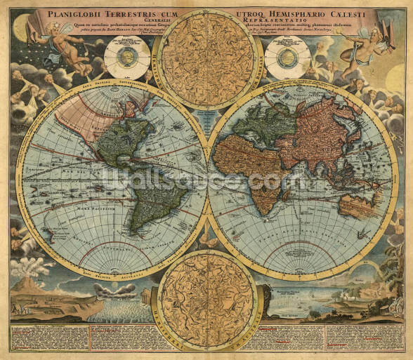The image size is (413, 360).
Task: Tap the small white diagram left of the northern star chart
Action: coord(126,58)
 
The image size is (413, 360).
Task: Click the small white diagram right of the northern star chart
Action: coord(287,58)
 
